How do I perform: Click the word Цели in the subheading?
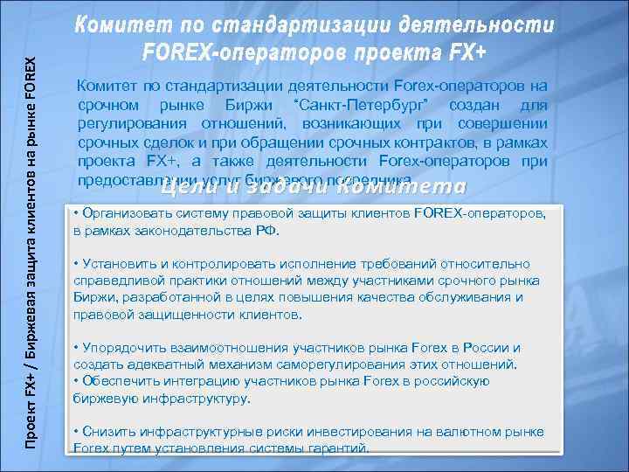point(193,186)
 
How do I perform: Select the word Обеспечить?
point(116,380)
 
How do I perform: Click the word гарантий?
point(335,448)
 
